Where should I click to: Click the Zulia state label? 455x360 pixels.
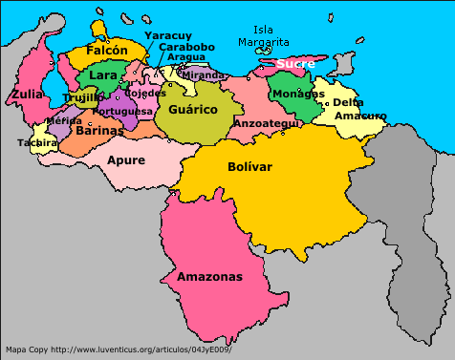tap(27, 95)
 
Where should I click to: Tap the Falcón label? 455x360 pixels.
tap(106, 50)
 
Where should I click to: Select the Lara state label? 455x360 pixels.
tap(102, 75)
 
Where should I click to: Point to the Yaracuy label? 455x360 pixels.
tap(166, 35)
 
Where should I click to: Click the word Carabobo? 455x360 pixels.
tap(186, 46)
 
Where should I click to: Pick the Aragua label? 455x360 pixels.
tap(185, 57)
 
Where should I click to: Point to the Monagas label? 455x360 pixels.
tap(297, 94)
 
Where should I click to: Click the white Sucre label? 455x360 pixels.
tap(294, 64)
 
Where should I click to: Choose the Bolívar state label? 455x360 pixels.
tap(250, 166)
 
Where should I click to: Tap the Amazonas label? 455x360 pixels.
tap(209, 277)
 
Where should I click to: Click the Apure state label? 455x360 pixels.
tap(126, 159)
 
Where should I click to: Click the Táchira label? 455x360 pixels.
tap(36, 143)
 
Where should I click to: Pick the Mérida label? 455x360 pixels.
tap(63, 121)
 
